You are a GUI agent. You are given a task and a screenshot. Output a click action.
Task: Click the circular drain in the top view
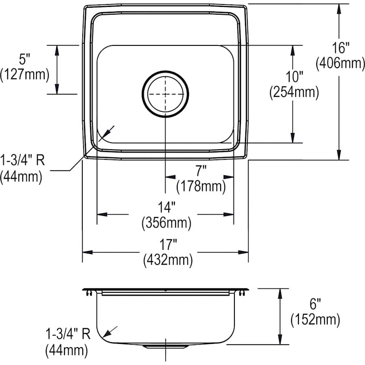[165, 94]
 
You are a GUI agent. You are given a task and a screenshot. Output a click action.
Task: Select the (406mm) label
[339, 63]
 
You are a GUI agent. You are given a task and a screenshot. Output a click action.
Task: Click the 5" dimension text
[25, 60]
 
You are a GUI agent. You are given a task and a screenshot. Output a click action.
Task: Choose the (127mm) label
[25, 75]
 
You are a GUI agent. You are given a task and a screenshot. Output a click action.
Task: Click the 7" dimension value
[200, 171]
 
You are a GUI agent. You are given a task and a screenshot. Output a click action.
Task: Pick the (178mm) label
[201, 186]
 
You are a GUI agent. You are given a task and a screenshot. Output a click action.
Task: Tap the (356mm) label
[166, 223]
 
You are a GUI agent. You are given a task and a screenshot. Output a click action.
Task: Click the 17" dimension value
[167, 245]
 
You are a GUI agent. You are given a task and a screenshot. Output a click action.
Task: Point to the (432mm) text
[167, 260]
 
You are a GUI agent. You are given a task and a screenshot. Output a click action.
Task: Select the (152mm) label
[315, 320]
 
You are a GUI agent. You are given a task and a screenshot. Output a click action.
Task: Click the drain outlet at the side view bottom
[166, 347]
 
